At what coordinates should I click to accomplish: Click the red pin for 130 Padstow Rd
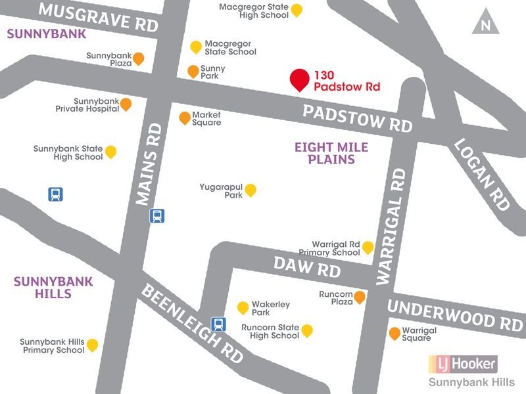tap(299, 79)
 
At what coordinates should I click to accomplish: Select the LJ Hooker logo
tap(463, 363)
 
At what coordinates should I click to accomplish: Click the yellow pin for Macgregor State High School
tap(297, 9)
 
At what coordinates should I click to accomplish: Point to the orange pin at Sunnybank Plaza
tap(139, 59)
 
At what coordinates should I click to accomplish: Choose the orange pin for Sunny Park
tap(193, 71)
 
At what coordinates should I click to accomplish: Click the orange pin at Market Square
tap(185, 118)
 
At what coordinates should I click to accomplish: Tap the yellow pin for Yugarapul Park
tap(250, 190)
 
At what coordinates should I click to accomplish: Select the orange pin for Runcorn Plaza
tap(360, 297)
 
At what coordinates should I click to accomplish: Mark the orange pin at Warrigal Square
tap(394, 333)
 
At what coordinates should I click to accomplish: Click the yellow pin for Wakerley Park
tap(243, 307)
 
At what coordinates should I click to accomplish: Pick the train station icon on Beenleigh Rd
tap(217, 324)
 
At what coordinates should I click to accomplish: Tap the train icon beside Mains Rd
tap(156, 215)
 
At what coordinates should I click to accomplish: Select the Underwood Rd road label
tap(454, 314)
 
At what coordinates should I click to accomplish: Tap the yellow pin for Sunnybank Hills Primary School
tap(92, 345)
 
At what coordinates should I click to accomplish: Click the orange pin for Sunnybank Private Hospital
tap(125, 104)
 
